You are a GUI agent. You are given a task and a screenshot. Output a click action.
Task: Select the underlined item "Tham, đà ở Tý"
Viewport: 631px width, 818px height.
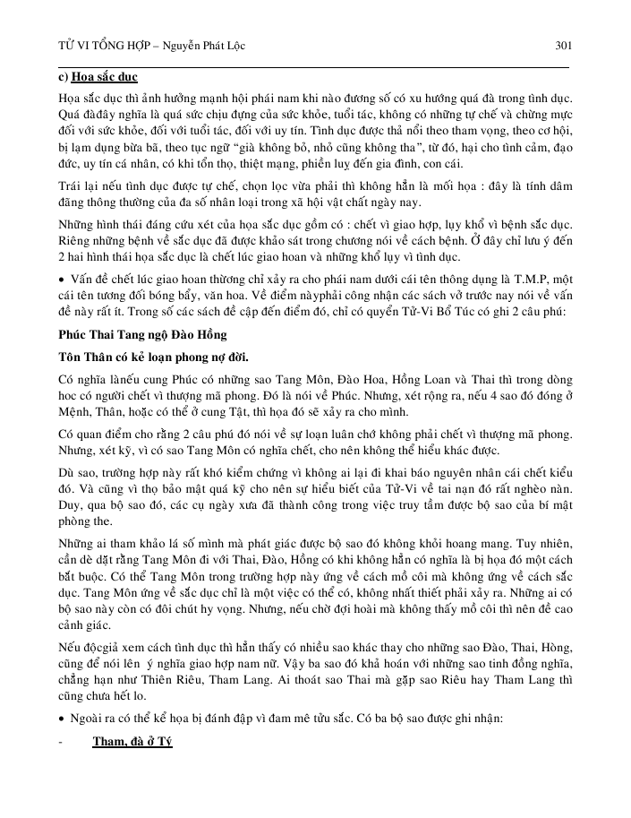tap(132, 742)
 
